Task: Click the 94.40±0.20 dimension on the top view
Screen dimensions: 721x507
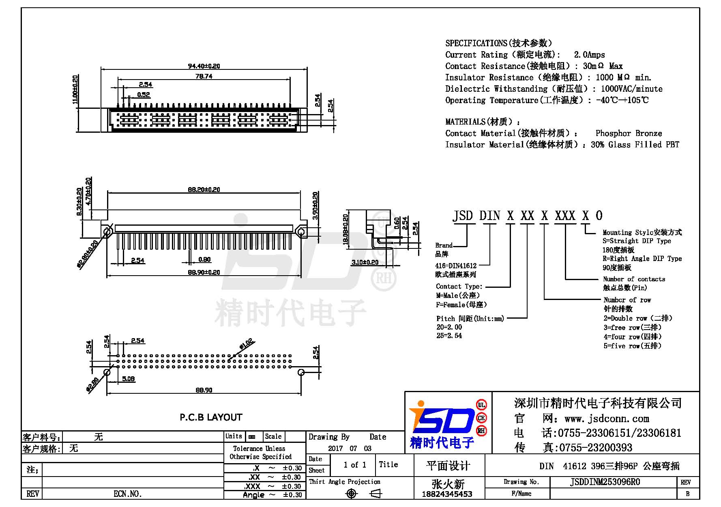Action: [204, 66]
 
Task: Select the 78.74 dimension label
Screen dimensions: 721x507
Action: [204, 76]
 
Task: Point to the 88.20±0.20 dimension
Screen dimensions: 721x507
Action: [204, 190]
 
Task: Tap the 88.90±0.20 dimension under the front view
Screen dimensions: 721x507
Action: [204, 272]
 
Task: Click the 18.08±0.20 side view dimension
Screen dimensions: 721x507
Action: [345, 229]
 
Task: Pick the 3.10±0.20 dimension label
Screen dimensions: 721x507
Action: [365, 262]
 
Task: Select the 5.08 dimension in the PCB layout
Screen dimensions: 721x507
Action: [129, 379]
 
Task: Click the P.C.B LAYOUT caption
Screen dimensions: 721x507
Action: [211, 417]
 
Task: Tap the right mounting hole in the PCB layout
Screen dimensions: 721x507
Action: [301, 372]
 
